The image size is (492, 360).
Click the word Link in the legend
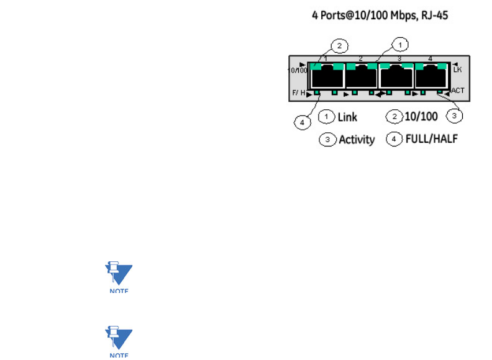coord(347,116)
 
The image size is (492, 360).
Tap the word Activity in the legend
coord(357,140)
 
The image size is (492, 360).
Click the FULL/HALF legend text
coord(431,139)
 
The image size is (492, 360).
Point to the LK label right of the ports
coord(458,71)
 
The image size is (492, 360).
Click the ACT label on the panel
coord(458,91)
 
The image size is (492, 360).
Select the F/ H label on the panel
coord(299,94)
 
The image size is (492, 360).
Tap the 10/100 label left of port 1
coord(298,70)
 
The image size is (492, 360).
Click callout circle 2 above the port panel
coord(339,45)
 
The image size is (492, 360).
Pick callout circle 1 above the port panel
coord(401,45)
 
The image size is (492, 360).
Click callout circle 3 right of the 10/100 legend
coord(455,115)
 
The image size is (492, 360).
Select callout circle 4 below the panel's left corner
coord(303,123)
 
